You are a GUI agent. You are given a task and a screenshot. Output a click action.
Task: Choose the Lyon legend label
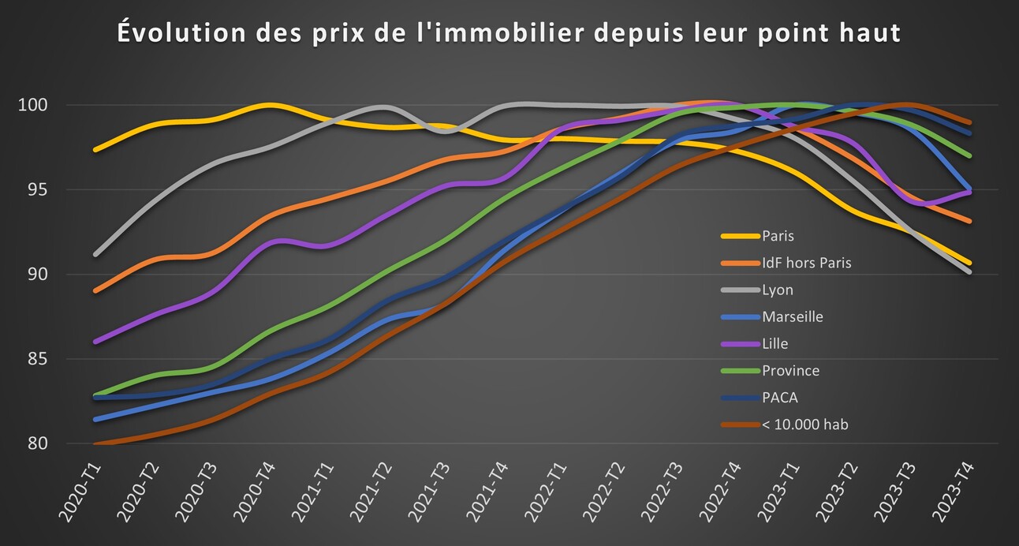point(777,290)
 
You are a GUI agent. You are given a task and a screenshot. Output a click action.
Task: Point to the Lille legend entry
point(775,343)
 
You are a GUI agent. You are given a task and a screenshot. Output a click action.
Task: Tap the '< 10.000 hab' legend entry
point(804,424)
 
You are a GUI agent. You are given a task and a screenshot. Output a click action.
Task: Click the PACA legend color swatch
point(740,398)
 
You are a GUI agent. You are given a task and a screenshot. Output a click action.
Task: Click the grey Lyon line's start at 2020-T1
point(95,254)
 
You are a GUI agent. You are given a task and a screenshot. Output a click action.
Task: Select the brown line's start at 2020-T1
point(95,443)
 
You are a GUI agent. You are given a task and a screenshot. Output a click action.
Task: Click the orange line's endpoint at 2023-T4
point(970,222)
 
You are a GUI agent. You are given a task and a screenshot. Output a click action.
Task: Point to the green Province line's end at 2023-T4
point(970,156)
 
